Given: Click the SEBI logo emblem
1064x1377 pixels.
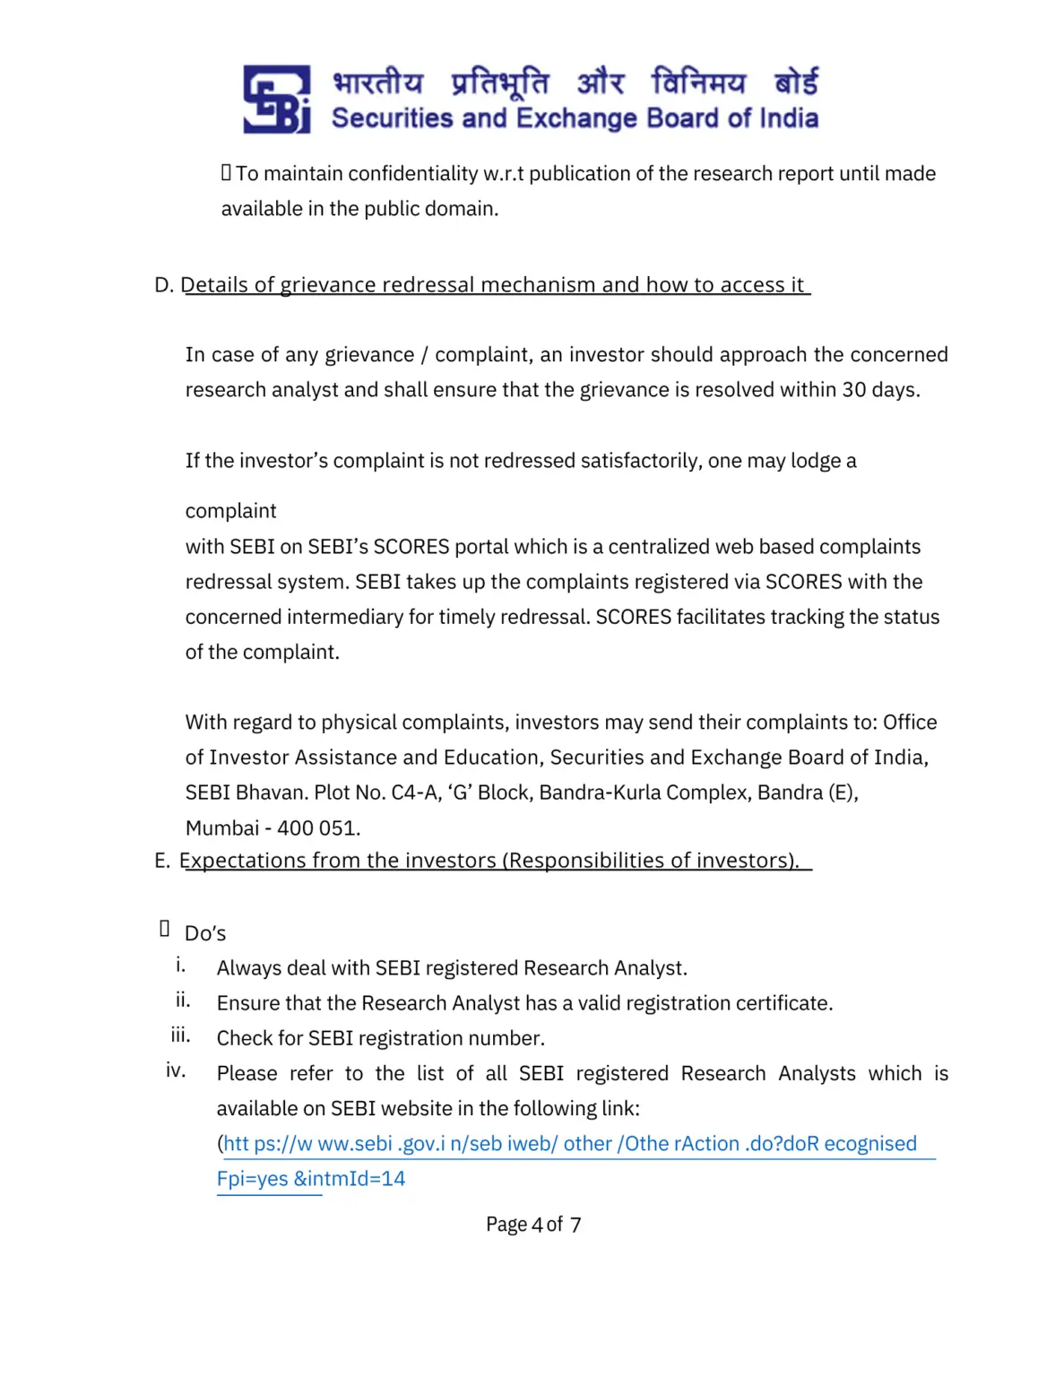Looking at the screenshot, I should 276,99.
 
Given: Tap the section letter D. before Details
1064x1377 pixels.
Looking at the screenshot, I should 163,285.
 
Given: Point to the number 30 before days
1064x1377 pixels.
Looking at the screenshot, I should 853,390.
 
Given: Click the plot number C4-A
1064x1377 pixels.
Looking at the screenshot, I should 416,792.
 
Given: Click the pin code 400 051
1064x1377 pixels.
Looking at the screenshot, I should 317,827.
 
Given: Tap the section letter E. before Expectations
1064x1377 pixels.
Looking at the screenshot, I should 162,861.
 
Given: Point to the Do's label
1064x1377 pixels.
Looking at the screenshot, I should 205,933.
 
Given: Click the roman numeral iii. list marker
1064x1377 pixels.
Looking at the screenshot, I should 180,1035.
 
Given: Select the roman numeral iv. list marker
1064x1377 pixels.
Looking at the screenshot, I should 176,1070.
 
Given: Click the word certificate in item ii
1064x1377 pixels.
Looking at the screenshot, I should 783,1003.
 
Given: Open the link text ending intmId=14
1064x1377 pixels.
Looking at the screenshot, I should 311,1179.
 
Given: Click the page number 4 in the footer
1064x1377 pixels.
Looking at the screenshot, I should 537,1225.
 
